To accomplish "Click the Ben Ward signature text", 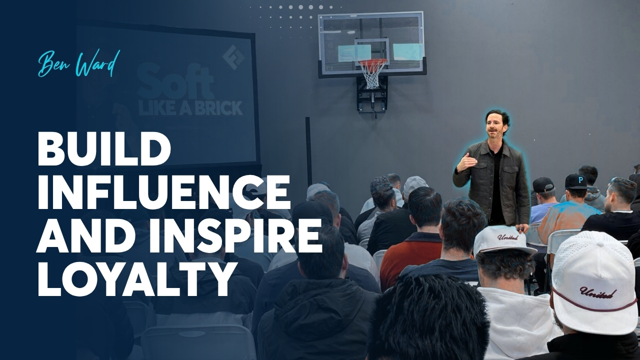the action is coord(78,65).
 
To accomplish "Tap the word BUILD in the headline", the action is coord(104,150).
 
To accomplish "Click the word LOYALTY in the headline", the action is coord(133,279).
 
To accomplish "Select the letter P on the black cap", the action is coord(580,179).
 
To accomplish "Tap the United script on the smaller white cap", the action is coord(508,237).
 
